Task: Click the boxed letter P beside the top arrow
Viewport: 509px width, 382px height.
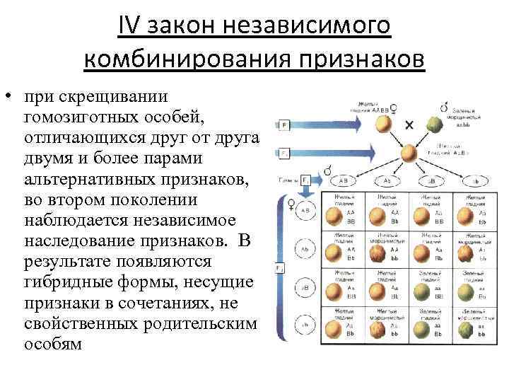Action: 283,126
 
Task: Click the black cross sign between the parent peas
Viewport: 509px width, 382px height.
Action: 409,125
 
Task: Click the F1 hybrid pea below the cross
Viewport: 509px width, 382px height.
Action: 409,154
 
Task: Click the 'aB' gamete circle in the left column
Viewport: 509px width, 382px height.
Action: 305,289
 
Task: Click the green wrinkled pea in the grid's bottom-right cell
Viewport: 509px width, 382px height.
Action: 467,329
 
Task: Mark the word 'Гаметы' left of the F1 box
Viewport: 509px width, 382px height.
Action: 287,180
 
